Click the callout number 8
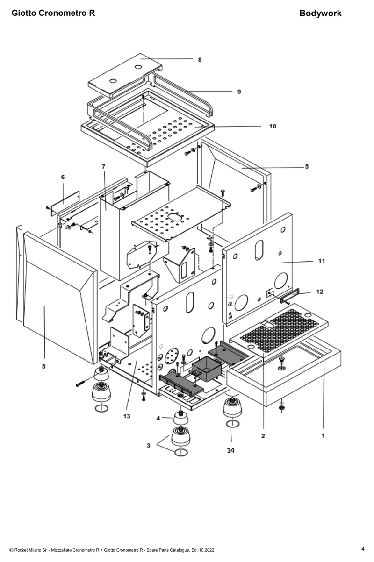click(200, 60)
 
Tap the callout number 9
click(239, 92)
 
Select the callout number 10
click(273, 126)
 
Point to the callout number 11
click(322, 261)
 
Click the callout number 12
click(319, 292)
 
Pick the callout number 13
click(127, 416)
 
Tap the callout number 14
click(230, 450)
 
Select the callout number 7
click(103, 166)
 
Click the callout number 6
click(63, 177)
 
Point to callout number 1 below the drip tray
click(323, 435)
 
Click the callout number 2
click(263, 436)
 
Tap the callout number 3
click(148, 445)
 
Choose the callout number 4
click(158, 418)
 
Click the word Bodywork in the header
click(320, 13)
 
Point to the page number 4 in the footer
click(363, 549)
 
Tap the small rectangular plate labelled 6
click(65, 203)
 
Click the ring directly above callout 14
click(233, 424)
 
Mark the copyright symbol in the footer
click(11, 550)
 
